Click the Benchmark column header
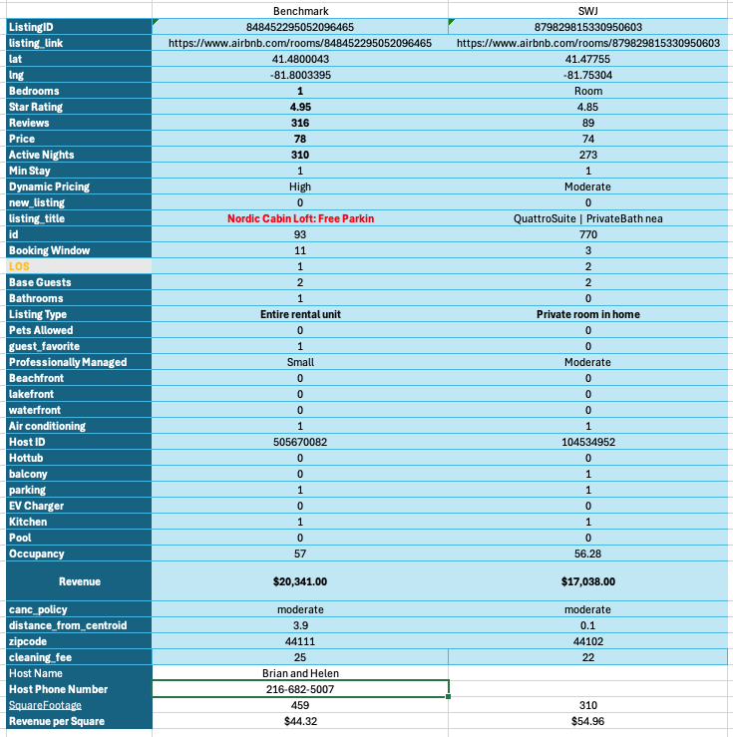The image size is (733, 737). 300,11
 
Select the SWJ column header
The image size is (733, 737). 588,11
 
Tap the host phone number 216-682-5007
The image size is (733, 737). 300,689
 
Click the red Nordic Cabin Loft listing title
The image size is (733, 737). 300,218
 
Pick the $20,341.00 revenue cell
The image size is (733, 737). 300,581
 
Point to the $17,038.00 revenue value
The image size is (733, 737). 588,581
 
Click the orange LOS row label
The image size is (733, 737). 19,266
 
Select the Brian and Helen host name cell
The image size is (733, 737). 300,673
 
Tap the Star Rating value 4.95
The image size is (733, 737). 300,107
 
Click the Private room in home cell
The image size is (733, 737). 588,314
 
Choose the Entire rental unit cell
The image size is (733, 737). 300,314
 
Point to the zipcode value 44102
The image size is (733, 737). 588,641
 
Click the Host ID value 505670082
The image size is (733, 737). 300,442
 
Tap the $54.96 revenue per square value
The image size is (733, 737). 588,721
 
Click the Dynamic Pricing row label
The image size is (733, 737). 49,186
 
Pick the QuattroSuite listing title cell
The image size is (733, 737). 588,218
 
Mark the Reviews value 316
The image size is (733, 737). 300,123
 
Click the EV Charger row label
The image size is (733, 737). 36,506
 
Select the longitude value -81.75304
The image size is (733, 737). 588,75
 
